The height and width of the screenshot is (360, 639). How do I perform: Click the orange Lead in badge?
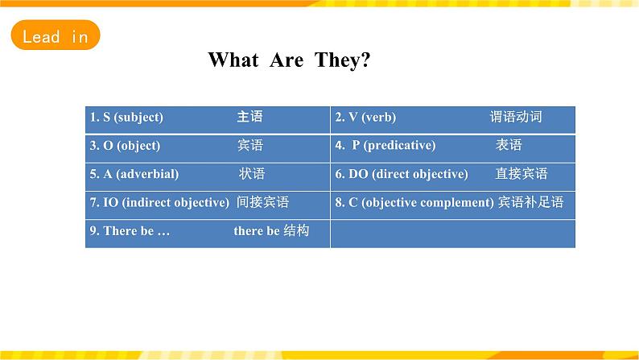56,35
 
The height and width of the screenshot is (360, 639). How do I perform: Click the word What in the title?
233,60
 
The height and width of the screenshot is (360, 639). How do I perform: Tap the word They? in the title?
342,60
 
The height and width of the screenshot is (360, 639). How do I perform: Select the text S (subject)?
133,118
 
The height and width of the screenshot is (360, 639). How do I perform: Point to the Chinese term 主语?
249,117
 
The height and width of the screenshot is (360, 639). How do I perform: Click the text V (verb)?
372,118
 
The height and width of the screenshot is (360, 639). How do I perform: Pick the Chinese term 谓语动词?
516,117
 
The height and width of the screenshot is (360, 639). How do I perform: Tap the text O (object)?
132,146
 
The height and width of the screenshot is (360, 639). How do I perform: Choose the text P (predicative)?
394,146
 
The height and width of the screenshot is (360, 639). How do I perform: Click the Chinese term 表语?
509,145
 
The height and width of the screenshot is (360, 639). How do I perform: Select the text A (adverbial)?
141,174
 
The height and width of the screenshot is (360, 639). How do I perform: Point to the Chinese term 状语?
252,174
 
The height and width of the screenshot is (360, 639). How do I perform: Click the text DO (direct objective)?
408,174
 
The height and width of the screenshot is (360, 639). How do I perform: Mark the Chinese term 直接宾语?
522,174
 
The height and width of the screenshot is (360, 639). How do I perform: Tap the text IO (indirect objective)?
167,203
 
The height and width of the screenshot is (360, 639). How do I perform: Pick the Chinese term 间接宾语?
263,202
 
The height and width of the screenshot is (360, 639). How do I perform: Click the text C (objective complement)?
421,203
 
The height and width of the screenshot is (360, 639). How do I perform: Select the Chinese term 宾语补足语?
531,202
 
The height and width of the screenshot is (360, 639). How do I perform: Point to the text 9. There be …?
130,231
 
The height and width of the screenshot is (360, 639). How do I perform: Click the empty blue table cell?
453,234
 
